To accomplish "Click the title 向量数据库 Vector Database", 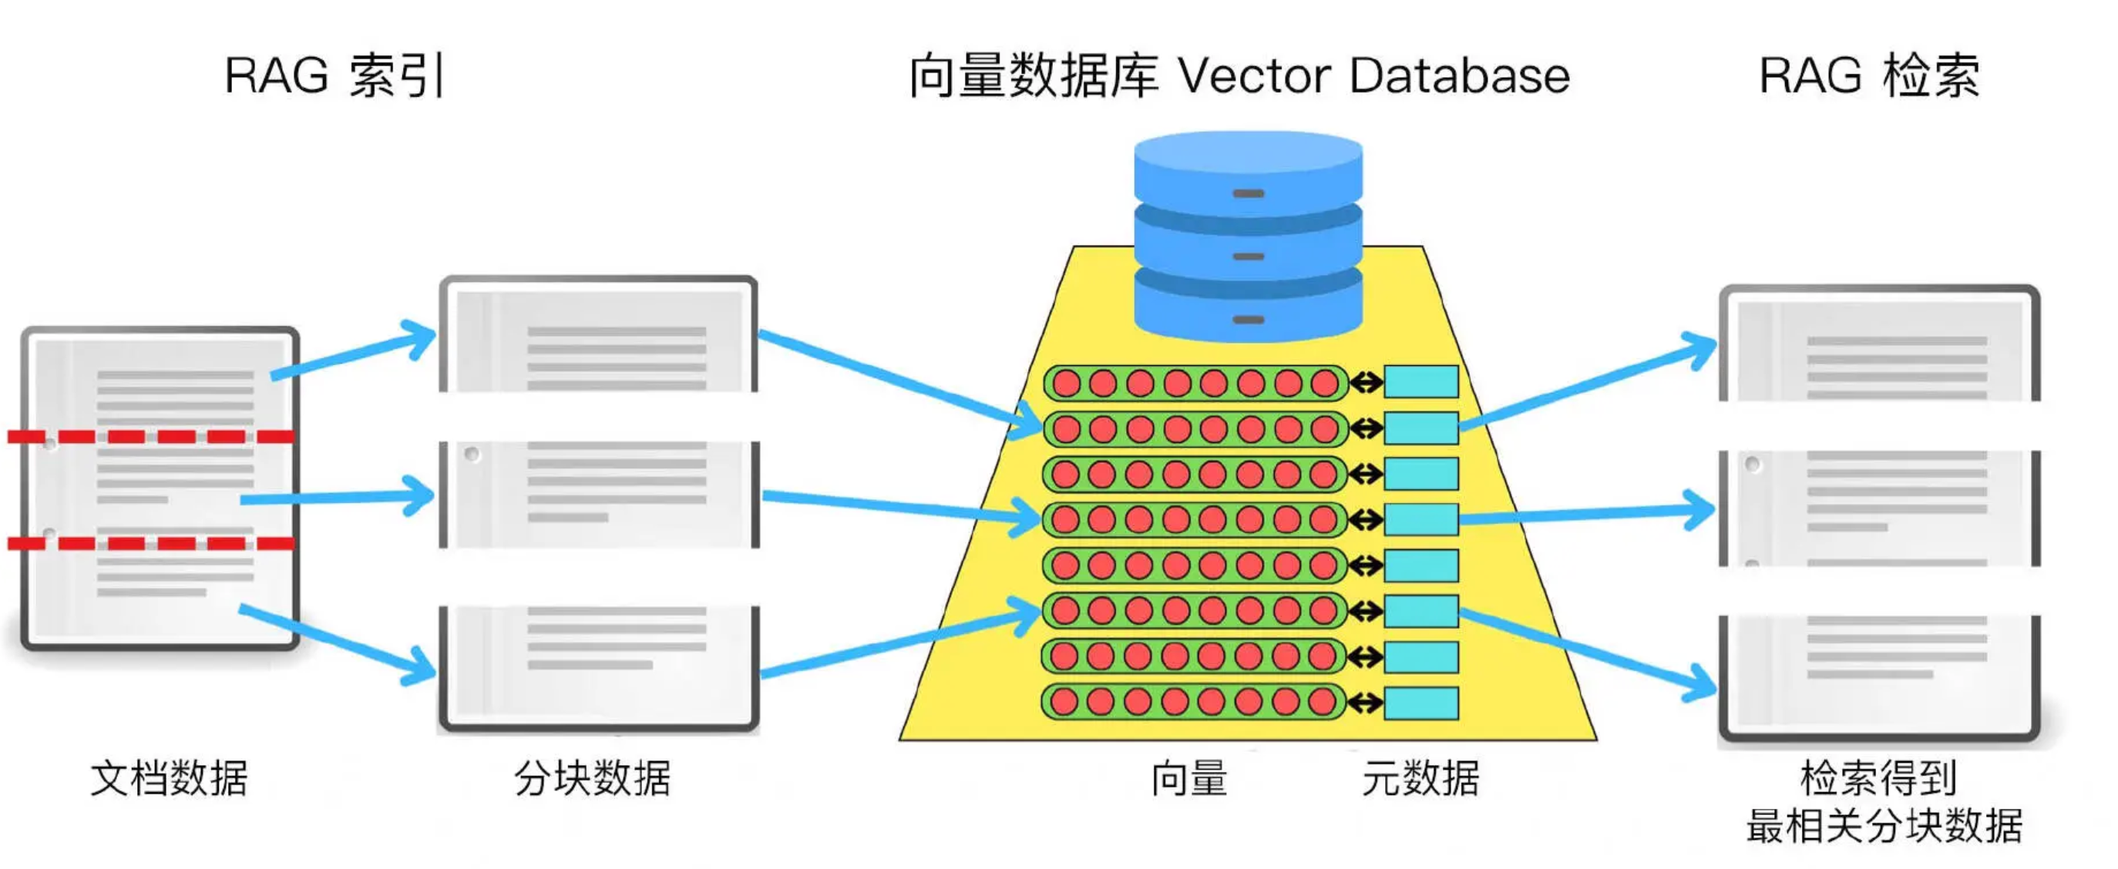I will [1239, 75].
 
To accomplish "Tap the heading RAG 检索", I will [1869, 75].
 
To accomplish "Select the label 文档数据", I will [169, 778].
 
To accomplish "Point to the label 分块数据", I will [592, 778].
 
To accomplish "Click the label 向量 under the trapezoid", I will [1189, 778].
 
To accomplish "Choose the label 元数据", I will [1420, 778].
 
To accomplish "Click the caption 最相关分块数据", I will [1884, 825].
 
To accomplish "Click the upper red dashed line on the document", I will [152, 437].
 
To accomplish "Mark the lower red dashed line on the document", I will [152, 542].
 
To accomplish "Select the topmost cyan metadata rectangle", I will [1420, 382].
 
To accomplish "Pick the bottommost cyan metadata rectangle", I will [1420, 703].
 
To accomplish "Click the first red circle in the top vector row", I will [1067, 383].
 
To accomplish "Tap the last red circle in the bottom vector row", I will [1321, 702].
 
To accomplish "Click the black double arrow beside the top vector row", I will [1366, 382].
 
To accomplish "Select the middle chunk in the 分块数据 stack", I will [599, 494].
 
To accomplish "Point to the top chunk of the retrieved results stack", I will [1879, 345].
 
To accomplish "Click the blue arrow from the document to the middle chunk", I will [337, 497].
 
